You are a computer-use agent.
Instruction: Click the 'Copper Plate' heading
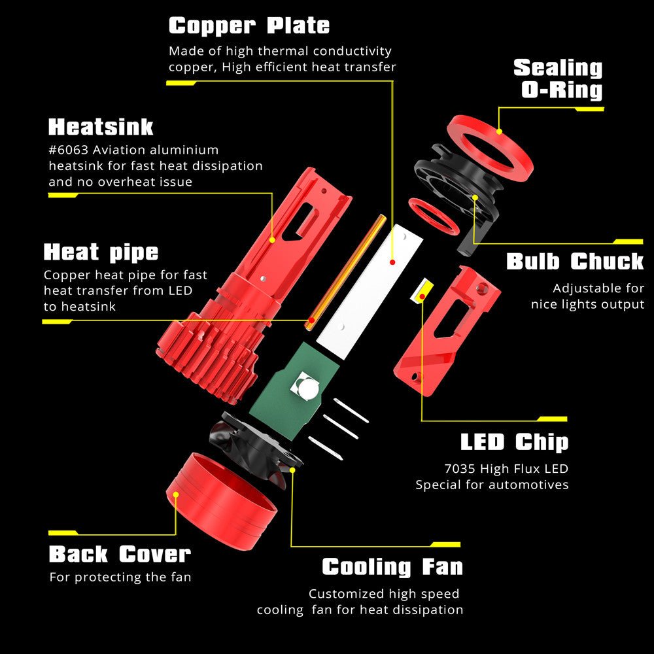[x=249, y=26]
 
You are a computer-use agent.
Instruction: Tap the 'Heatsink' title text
[x=101, y=127]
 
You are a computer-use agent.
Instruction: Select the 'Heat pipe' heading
[x=101, y=252]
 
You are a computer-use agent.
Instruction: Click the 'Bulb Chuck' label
[x=575, y=262]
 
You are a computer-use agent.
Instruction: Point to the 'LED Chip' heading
[x=514, y=442]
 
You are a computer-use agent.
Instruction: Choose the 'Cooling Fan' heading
[x=392, y=567]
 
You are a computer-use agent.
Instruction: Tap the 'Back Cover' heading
[x=120, y=555]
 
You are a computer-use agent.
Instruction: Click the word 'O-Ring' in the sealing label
[x=562, y=90]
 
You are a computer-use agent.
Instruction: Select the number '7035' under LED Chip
[x=460, y=469]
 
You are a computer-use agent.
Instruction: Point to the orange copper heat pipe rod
[x=346, y=272]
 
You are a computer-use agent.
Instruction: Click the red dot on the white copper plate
[x=392, y=262]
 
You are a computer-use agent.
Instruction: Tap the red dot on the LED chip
[x=422, y=296]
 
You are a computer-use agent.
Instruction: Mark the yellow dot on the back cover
[x=176, y=494]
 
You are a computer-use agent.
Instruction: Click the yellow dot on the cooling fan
[x=292, y=470]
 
